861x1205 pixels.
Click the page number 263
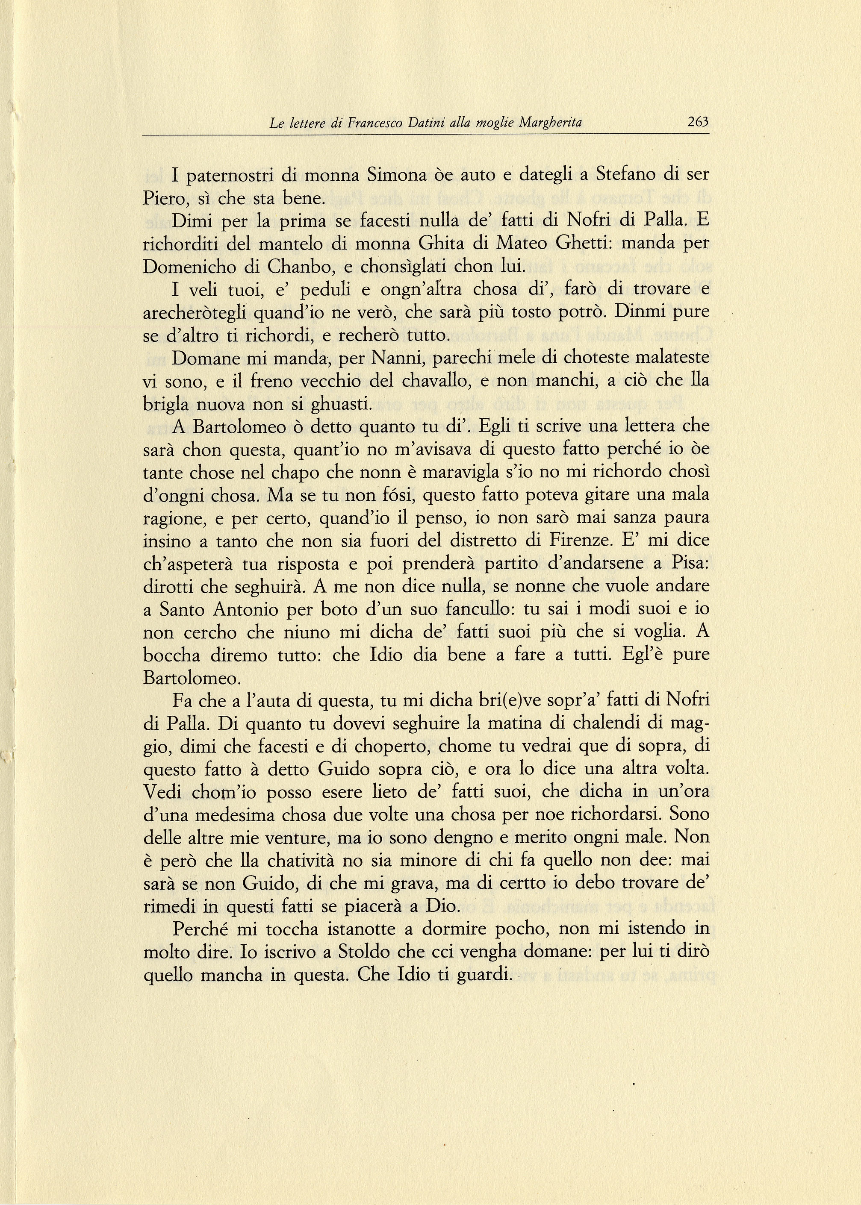(698, 122)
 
